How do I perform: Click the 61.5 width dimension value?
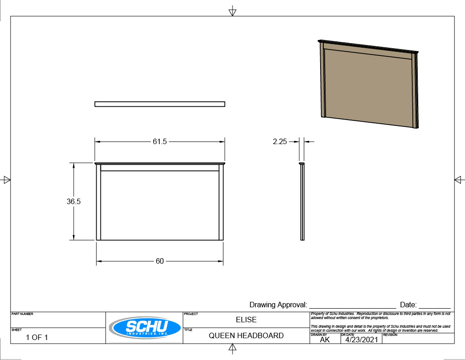click(159, 141)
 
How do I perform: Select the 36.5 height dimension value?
click(74, 201)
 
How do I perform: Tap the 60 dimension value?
click(159, 261)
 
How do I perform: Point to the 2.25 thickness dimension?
click(280, 141)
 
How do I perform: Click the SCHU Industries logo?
click(145, 328)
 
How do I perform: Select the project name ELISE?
click(246, 320)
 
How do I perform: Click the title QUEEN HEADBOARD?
click(246, 335)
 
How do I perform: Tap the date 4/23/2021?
click(361, 340)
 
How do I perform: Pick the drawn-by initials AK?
click(325, 340)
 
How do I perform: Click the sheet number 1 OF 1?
click(37, 337)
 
